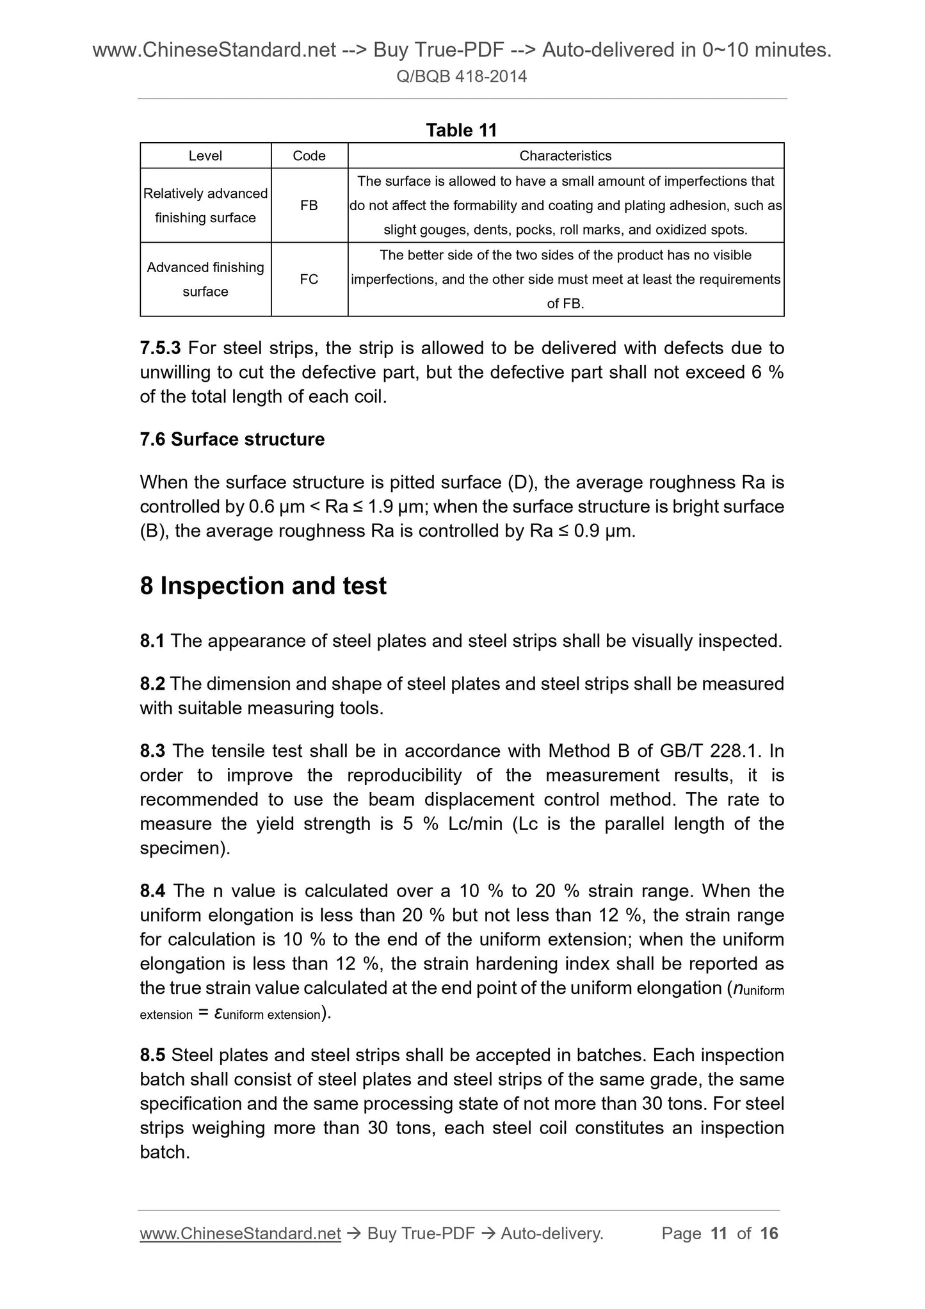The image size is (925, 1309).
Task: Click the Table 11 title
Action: coord(462,130)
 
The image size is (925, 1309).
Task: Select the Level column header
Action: coord(205,156)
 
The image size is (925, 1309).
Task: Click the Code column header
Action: coord(309,156)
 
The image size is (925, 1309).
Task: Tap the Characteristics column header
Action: coord(565,156)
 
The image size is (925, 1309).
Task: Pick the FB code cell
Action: coord(309,206)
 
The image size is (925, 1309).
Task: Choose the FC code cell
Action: coord(309,279)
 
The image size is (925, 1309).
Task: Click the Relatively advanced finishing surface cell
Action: coord(205,206)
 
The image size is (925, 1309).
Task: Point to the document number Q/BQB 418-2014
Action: coord(462,77)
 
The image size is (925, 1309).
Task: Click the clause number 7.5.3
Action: coord(161,348)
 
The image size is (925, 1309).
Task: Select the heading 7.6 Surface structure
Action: coord(232,439)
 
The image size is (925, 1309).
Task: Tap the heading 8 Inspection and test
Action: coord(263,586)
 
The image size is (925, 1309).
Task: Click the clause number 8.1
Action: coord(152,641)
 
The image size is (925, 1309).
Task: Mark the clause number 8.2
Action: coord(152,684)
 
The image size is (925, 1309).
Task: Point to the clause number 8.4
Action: coord(152,891)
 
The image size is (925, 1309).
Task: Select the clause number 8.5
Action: coord(152,1055)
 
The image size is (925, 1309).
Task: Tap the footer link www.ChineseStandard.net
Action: coord(240,1233)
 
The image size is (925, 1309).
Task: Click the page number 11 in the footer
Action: coord(719,1233)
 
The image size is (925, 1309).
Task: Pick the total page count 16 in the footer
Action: coord(769,1233)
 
